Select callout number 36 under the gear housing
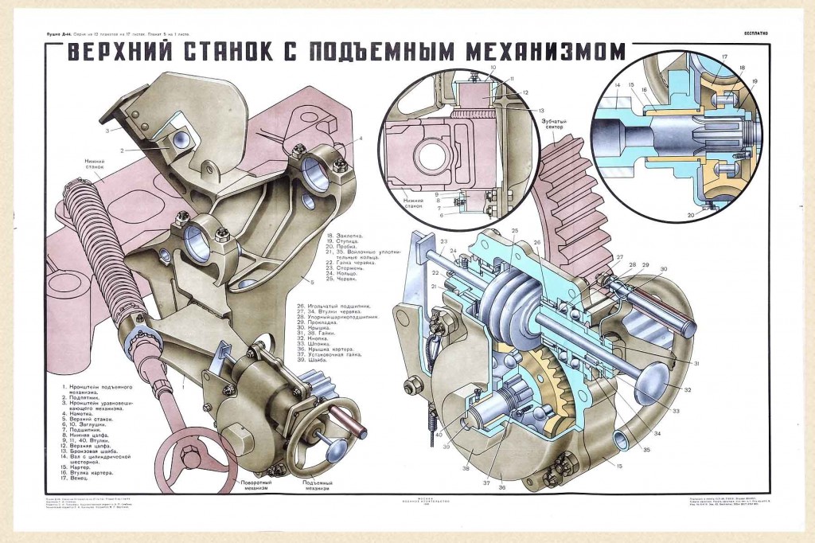click(501, 488)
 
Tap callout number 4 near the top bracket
click(361, 138)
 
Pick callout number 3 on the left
click(115, 127)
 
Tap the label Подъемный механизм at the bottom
click(316, 486)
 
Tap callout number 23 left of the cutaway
click(443, 241)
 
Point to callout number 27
click(618, 257)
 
